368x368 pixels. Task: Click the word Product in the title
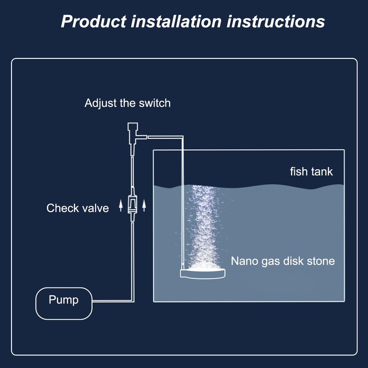coord(94,22)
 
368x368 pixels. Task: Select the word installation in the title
coord(176,22)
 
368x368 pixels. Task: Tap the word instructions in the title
coord(276,22)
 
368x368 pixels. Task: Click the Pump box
coord(64,304)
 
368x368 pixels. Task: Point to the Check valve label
coord(78,208)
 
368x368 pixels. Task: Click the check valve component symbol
coord(132,204)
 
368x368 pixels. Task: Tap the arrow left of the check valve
coord(121,206)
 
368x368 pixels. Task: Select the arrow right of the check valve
coord(144,206)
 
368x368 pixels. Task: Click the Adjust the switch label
coord(128,103)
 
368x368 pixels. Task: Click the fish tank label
coord(311,172)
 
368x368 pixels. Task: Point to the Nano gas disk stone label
coord(283,261)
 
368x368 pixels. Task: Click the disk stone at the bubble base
coord(203,273)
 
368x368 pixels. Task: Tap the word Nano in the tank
coord(244,261)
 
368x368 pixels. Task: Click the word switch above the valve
coord(155,103)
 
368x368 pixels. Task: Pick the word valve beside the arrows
coord(96,208)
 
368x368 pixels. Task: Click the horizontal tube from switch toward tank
coord(166,137)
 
